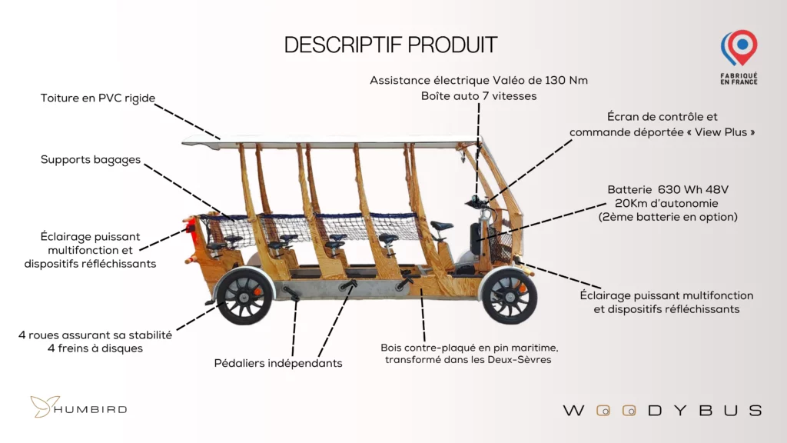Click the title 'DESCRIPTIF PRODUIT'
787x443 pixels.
pyautogui.click(x=390, y=45)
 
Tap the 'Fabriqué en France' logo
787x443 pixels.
pyautogui.click(x=739, y=57)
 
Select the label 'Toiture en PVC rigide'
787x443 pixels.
pyautogui.click(x=98, y=98)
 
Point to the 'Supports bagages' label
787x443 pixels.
pyautogui.click(x=91, y=160)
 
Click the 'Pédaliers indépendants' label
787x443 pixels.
pyautogui.click(x=278, y=363)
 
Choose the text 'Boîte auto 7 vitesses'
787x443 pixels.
pyautogui.click(x=478, y=96)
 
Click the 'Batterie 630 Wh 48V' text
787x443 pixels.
pyautogui.click(x=667, y=189)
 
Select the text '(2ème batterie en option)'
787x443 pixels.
pyautogui.click(x=667, y=217)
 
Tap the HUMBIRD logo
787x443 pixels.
pyautogui.click(x=78, y=408)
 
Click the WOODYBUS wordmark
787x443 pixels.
pyautogui.click(x=662, y=410)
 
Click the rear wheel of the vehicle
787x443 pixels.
pyautogui.click(x=244, y=296)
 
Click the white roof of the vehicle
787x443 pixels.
pyautogui.click(x=330, y=141)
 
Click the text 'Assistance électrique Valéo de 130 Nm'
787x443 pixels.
pyautogui.click(x=478, y=81)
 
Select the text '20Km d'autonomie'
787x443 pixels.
pyautogui.click(x=667, y=203)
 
